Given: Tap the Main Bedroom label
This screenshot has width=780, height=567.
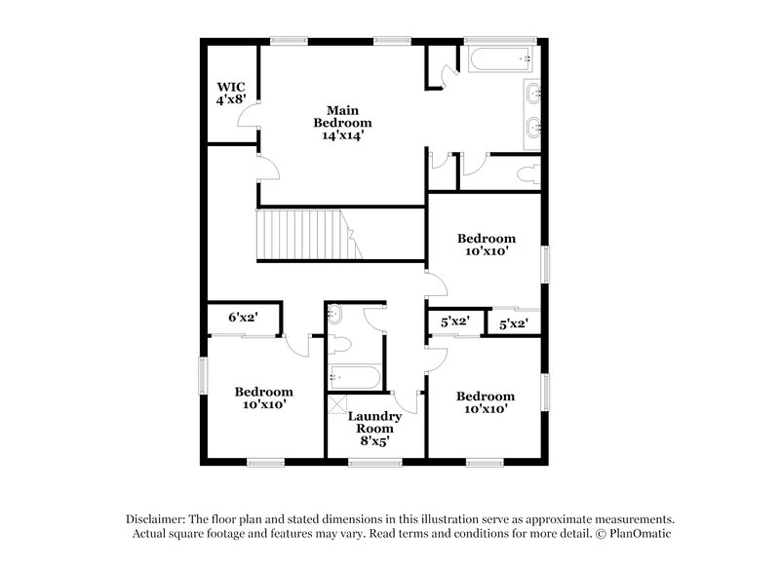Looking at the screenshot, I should [341, 116].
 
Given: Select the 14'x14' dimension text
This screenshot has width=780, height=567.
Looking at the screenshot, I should [341, 136].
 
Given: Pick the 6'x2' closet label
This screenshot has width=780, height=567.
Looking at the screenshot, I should [242, 317].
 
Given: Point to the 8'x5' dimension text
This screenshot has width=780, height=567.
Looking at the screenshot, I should [375, 440].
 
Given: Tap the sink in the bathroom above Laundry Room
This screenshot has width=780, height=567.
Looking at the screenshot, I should [335, 315].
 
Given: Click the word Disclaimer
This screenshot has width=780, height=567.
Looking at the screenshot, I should [156, 519].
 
